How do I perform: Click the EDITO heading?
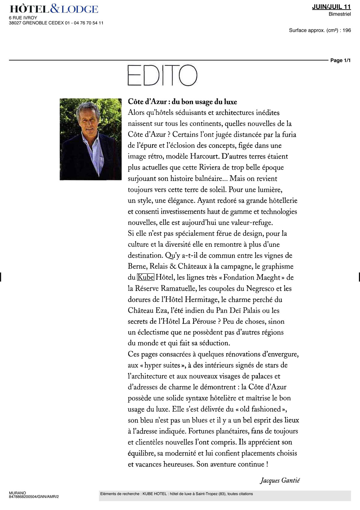(x=162, y=75)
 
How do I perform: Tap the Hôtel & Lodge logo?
(x=54, y=9)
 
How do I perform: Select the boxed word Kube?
(x=145, y=277)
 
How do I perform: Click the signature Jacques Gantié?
(x=280, y=480)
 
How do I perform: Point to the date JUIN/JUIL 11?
(x=331, y=7)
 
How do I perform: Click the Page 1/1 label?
(x=340, y=60)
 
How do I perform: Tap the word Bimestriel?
(x=340, y=14)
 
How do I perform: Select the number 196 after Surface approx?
(x=346, y=30)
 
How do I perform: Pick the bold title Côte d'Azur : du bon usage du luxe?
(x=182, y=102)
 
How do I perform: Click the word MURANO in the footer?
(x=17, y=493)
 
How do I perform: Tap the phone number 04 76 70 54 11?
(x=88, y=23)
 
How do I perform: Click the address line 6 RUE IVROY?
(x=23, y=18)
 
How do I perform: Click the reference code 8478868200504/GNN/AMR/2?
(x=34, y=496)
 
